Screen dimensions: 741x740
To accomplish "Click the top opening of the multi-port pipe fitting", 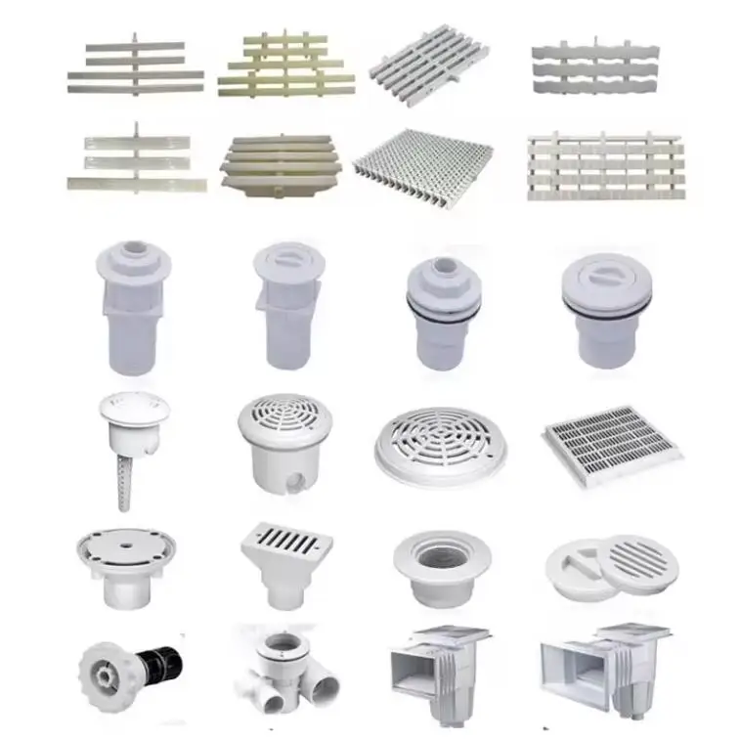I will coord(283,641).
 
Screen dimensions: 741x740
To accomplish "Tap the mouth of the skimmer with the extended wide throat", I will coord(574,673).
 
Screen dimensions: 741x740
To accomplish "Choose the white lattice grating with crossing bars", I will coord(602,166).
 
